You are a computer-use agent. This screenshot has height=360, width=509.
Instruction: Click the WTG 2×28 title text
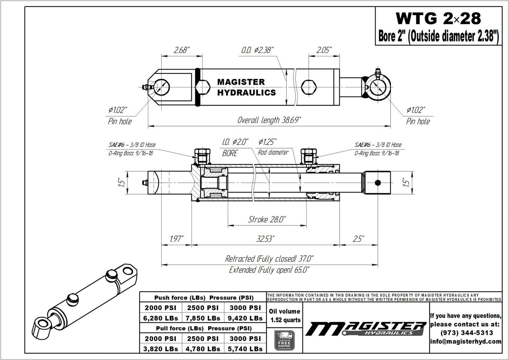438,18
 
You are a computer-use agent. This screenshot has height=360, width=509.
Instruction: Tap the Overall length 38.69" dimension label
269,120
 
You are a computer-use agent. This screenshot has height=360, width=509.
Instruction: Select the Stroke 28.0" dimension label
267,220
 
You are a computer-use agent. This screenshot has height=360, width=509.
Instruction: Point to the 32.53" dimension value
265,239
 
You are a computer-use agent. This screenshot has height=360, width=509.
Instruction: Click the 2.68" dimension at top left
182,50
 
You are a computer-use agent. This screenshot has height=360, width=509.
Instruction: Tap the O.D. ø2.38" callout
257,50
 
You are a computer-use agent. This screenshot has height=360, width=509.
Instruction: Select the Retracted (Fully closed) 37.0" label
269,259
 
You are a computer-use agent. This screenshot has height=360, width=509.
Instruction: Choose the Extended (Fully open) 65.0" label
269,270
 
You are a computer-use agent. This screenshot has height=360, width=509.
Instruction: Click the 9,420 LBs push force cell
245,318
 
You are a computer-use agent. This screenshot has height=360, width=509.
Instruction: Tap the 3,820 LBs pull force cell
161,349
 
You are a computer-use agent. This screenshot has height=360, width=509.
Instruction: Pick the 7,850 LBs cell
203,318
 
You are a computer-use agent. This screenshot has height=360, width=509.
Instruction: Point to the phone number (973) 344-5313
466,333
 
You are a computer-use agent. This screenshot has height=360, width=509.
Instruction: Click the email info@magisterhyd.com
466,341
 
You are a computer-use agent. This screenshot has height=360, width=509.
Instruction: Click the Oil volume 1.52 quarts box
284,315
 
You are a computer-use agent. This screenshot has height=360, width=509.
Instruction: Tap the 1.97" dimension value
176,239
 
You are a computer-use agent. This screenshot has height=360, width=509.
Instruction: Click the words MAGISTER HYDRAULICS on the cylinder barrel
246,87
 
